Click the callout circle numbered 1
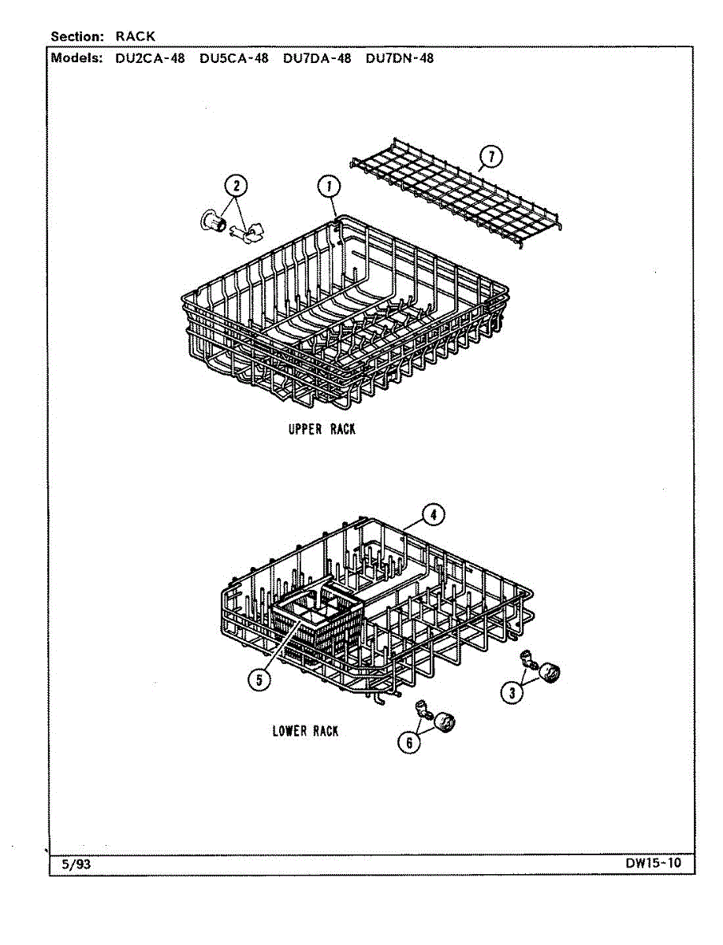(x=329, y=187)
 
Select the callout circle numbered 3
(x=512, y=692)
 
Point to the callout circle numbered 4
(x=432, y=515)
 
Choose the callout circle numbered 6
(x=408, y=741)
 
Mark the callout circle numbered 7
(x=491, y=157)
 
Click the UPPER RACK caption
(x=322, y=429)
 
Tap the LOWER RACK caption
(x=305, y=731)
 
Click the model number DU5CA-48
(x=233, y=58)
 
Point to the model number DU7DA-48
(x=317, y=58)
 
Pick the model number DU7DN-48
(x=400, y=58)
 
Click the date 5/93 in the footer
(x=76, y=864)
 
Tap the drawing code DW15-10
(x=654, y=863)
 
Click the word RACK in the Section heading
(x=136, y=36)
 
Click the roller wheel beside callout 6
(x=446, y=721)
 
